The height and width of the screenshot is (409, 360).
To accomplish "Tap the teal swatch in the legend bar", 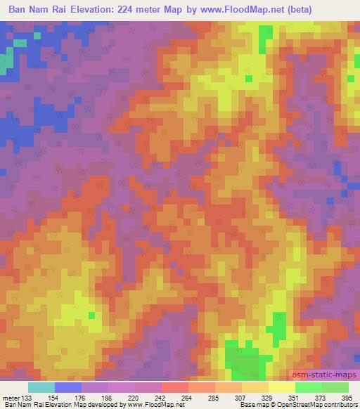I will (x=41, y=387).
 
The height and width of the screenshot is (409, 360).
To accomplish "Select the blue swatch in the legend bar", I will (x=68, y=387).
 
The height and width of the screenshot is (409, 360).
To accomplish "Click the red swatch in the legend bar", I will (x=175, y=387).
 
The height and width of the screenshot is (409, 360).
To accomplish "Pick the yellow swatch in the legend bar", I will (x=282, y=387).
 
